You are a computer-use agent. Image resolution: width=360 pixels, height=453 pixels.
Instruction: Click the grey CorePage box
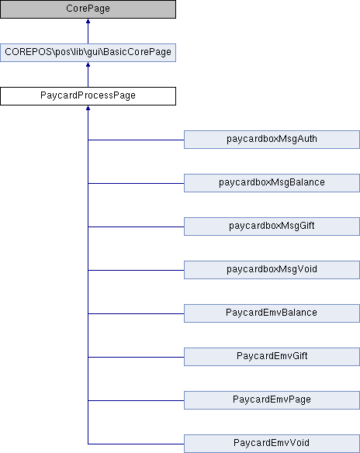click(88, 9)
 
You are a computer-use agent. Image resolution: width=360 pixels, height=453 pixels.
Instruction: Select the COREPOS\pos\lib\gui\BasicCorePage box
click(88, 53)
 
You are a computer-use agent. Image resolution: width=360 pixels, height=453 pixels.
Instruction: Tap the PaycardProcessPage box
click(88, 96)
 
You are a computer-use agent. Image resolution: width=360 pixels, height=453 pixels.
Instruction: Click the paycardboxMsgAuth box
click(272, 140)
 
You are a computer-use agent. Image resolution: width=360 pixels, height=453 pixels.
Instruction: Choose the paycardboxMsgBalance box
click(272, 183)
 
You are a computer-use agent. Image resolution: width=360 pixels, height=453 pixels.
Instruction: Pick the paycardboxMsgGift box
click(272, 226)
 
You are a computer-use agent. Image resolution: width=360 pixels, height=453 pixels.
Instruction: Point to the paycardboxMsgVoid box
click(272, 270)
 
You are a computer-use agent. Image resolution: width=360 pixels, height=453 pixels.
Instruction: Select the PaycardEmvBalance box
click(272, 313)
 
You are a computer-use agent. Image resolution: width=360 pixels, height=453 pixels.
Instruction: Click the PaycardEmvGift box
click(272, 357)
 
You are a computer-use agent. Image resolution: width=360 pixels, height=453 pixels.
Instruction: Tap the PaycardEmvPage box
click(272, 400)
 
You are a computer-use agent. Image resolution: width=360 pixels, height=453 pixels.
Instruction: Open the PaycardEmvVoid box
click(272, 444)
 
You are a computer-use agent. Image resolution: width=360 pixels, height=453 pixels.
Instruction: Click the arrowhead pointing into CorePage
click(88, 21)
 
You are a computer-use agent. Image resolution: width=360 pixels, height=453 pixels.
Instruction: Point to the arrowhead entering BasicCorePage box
click(88, 64)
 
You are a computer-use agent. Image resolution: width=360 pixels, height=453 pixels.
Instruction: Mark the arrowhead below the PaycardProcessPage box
click(88, 108)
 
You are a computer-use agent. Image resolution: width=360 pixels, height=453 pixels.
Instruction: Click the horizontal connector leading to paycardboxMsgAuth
click(136, 140)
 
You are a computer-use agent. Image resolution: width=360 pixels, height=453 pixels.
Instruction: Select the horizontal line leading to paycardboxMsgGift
click(136, 226)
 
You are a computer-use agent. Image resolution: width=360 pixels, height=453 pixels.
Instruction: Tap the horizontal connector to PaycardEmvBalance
click(136, 313)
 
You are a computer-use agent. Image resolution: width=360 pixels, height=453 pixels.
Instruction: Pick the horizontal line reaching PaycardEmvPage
click(136, 400)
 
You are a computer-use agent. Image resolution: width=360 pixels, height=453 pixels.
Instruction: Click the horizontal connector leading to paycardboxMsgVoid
click(136, 270)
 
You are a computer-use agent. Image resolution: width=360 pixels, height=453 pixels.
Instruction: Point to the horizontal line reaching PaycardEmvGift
click(136, 357)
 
